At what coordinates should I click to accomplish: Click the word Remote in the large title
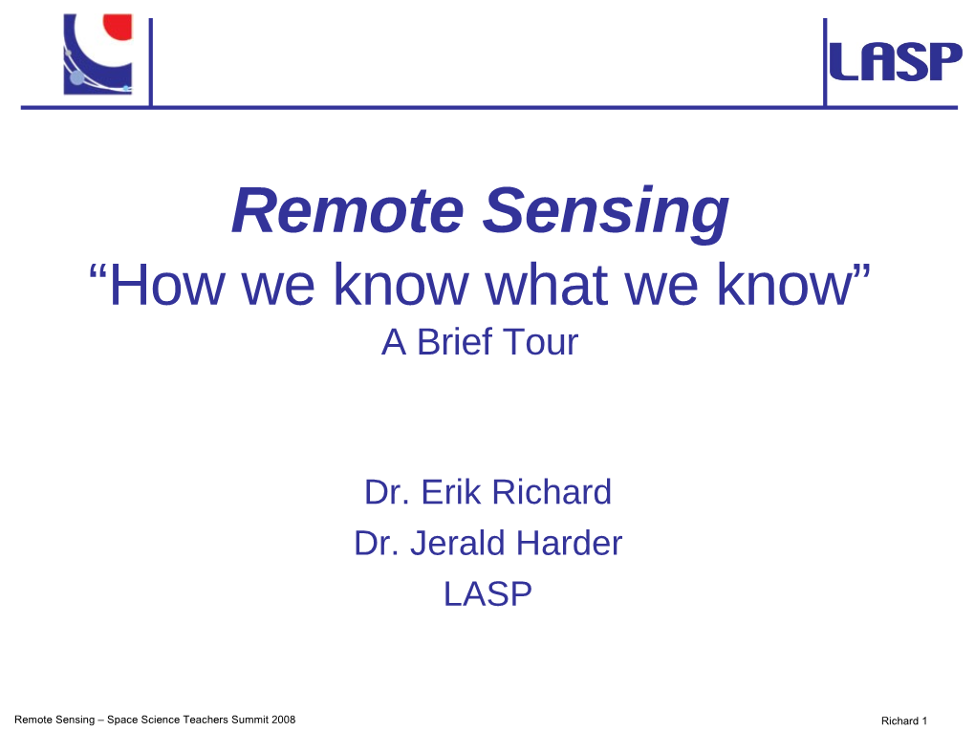348,210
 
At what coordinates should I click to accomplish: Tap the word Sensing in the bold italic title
606,214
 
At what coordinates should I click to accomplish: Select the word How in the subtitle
166,285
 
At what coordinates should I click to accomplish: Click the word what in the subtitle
546,285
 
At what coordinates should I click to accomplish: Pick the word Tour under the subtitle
540,342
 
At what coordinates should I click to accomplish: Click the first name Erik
451,492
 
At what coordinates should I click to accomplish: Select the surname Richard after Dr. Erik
552,492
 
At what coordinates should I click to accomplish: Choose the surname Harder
569,543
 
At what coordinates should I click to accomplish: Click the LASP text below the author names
488,593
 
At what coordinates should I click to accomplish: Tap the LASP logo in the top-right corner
896,61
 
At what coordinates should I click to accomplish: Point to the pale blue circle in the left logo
76,78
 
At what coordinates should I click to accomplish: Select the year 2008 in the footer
283,720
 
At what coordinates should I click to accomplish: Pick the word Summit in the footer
249,720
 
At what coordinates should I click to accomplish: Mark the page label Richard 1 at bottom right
904,720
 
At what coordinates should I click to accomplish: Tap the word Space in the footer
122,720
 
